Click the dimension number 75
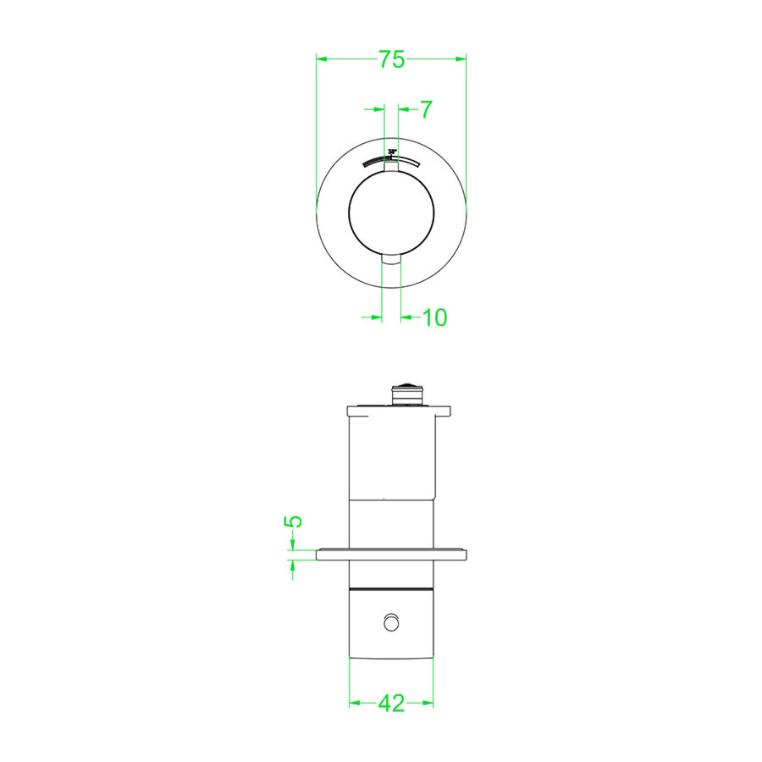coord(391,59)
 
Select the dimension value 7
coord(426,109)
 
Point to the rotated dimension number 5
coord(293,521)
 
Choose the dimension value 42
coord(391,703)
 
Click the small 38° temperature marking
coord(391,152)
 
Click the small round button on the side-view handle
coord(391,623)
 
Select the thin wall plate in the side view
coord(391,555)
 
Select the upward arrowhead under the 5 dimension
coord(293,565)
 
